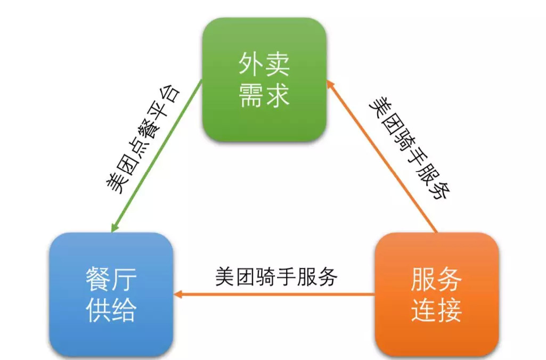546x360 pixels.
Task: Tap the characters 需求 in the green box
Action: point(264,96)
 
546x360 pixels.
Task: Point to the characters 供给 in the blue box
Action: point(111,310)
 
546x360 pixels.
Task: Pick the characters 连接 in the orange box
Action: point(436,310)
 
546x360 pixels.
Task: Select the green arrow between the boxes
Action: point(157,154)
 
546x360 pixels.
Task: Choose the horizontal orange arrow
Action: point(277,294)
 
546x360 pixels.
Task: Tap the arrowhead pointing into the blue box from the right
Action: point(179,294)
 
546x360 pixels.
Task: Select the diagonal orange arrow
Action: point(384,157)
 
